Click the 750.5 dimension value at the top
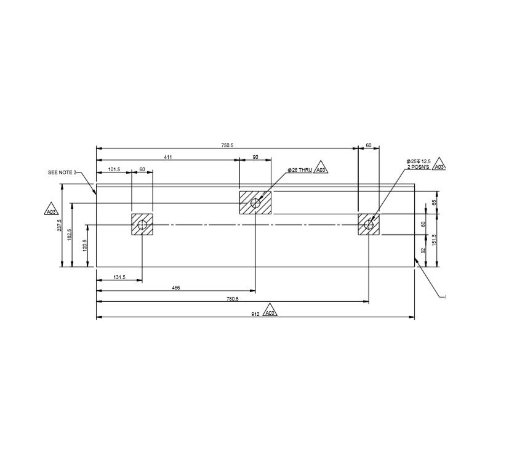(227, 145)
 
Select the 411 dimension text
(167, 157)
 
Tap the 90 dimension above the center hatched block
(255, 157)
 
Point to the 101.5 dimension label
(114, 169)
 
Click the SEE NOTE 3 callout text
(62, 173)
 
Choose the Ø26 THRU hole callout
(300, 169)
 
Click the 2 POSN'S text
(418, 167)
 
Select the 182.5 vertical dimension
(69, 235)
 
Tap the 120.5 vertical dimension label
(85, 245)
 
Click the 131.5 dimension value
(119, 278)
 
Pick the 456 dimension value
(176, 288)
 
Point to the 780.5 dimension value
(233, 299)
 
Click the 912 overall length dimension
(254, 313)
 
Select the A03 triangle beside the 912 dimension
(270, 312)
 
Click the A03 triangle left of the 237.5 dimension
(50, 211)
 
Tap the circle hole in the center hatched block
(255, 203)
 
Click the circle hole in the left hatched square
(142, 225)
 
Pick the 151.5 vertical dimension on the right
(434, 240)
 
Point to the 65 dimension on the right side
(434, 202)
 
